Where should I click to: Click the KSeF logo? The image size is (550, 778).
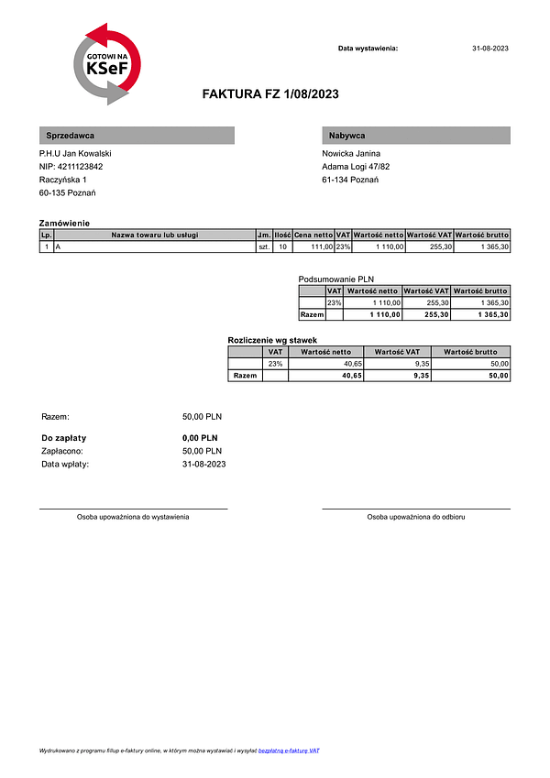click(107, 64)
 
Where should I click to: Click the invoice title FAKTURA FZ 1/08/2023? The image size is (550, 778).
click(270, 93)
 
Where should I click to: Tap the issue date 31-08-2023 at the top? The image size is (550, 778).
click(489, 48)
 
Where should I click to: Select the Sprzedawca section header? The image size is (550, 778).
click(137, 136)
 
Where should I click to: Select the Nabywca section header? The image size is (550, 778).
click(415, 136)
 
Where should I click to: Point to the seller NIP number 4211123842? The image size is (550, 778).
click(71, 167)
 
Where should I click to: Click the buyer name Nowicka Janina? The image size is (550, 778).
click(351, 153)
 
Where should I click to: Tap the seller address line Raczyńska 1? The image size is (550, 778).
click(63, 181)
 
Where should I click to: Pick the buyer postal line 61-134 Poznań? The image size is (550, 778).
click(350, 181)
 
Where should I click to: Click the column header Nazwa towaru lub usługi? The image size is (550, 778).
click(154, 236)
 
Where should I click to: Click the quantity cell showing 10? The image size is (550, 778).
click(282, 247)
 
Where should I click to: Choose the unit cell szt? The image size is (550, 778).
click(264, 247)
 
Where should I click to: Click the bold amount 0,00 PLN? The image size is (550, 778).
click(201, 438)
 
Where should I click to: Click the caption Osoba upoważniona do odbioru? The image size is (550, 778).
click(415, 517)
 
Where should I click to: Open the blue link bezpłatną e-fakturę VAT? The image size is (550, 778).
click(289, 751)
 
